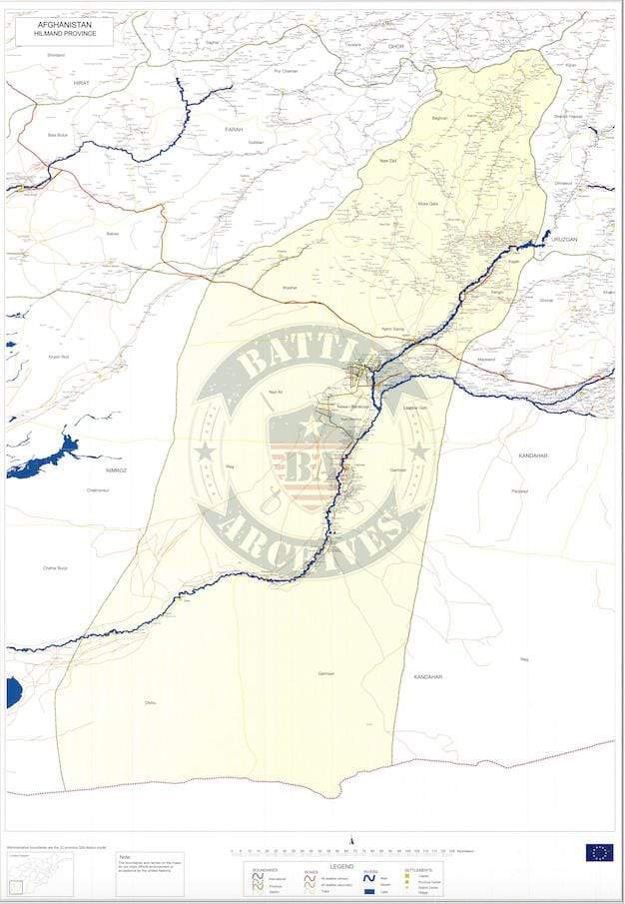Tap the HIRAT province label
(x=68, y=86)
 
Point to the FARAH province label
(x=234, y=129)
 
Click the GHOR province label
(x=396, y=46)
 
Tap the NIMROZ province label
(x=118, y=468)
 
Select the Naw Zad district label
(x=388, y=160)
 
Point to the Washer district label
(x=290, y=288)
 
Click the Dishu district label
(x=150, y=703)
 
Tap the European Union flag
(x=599, y=852)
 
